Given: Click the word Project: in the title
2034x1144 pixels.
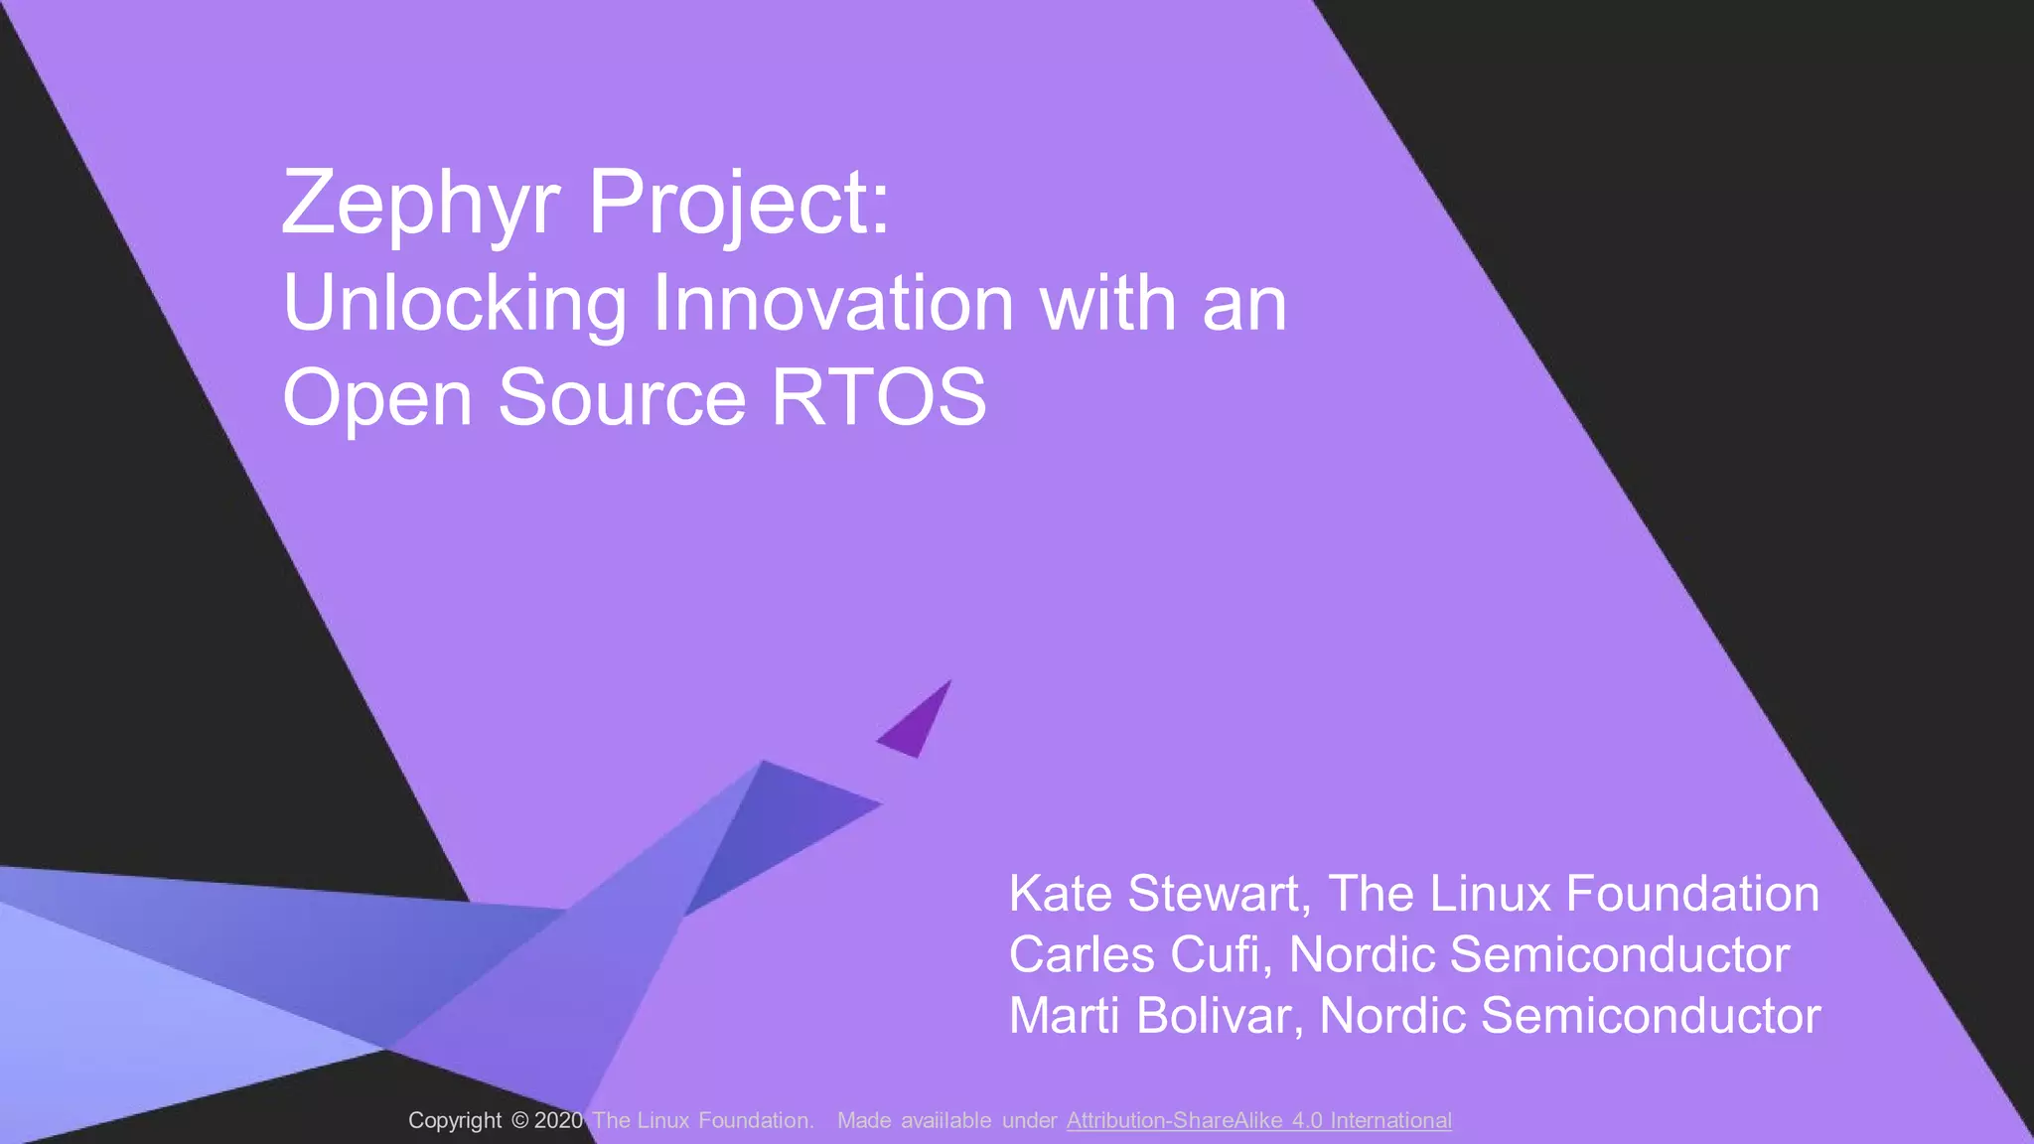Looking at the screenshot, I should coord(739,204).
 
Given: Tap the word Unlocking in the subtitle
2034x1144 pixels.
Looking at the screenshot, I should coord(455,304).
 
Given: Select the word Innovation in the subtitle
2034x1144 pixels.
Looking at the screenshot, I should coord(832,304).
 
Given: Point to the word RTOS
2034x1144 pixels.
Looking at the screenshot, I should coord(879,397).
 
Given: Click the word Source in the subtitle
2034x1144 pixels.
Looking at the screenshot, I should coord(622,397).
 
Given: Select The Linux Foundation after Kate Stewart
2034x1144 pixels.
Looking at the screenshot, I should coord(1573,894).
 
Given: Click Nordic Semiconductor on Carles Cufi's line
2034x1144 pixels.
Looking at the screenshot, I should coord(1538,954).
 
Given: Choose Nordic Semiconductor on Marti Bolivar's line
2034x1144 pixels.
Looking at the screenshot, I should coord(1569,1016).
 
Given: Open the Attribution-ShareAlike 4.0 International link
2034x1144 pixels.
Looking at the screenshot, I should coord(1258,1121).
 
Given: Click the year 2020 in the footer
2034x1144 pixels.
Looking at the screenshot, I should coord(558,1121).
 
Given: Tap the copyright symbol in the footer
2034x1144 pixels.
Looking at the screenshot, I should coord(520,1121).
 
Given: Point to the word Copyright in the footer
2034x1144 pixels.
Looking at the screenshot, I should coord(455,1121).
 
